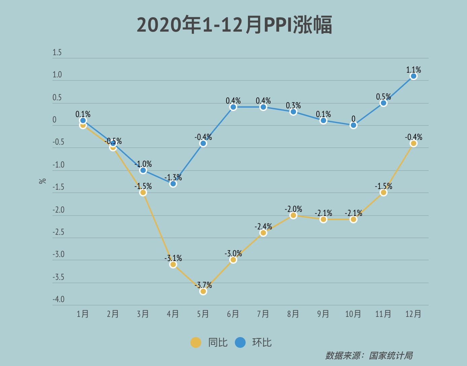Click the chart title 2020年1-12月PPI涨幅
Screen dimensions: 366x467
tap(234, 25)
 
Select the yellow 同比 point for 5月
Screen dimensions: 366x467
tap(203, 291)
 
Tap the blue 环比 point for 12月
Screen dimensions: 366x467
tap(414, 76)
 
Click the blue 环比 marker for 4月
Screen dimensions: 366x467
tap(173, 184)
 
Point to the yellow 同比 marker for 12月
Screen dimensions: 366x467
tap(414, 143)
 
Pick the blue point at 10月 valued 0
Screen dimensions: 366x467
tap(353, 125)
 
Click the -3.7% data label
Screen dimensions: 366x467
tap(203, 285)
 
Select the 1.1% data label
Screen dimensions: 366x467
tap(414, 70)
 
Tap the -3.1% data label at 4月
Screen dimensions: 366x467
tap(173, 258)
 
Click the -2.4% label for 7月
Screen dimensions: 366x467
tap(263, 226)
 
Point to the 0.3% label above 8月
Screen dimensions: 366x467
tap(293, 105)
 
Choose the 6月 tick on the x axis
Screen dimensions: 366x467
tap(233, 314)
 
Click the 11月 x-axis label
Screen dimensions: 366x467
tap(383, 314)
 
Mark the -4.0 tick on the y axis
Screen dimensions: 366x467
tap(59, 299)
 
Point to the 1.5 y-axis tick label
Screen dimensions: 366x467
tap(57, 52)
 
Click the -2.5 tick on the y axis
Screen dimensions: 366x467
tap(59, 232)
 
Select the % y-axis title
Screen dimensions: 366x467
tap(43, 181)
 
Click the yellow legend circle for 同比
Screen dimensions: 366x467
tap(196, 342)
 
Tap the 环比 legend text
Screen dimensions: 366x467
tap(262, 342)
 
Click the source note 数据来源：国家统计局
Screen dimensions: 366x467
tap(369, 356)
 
